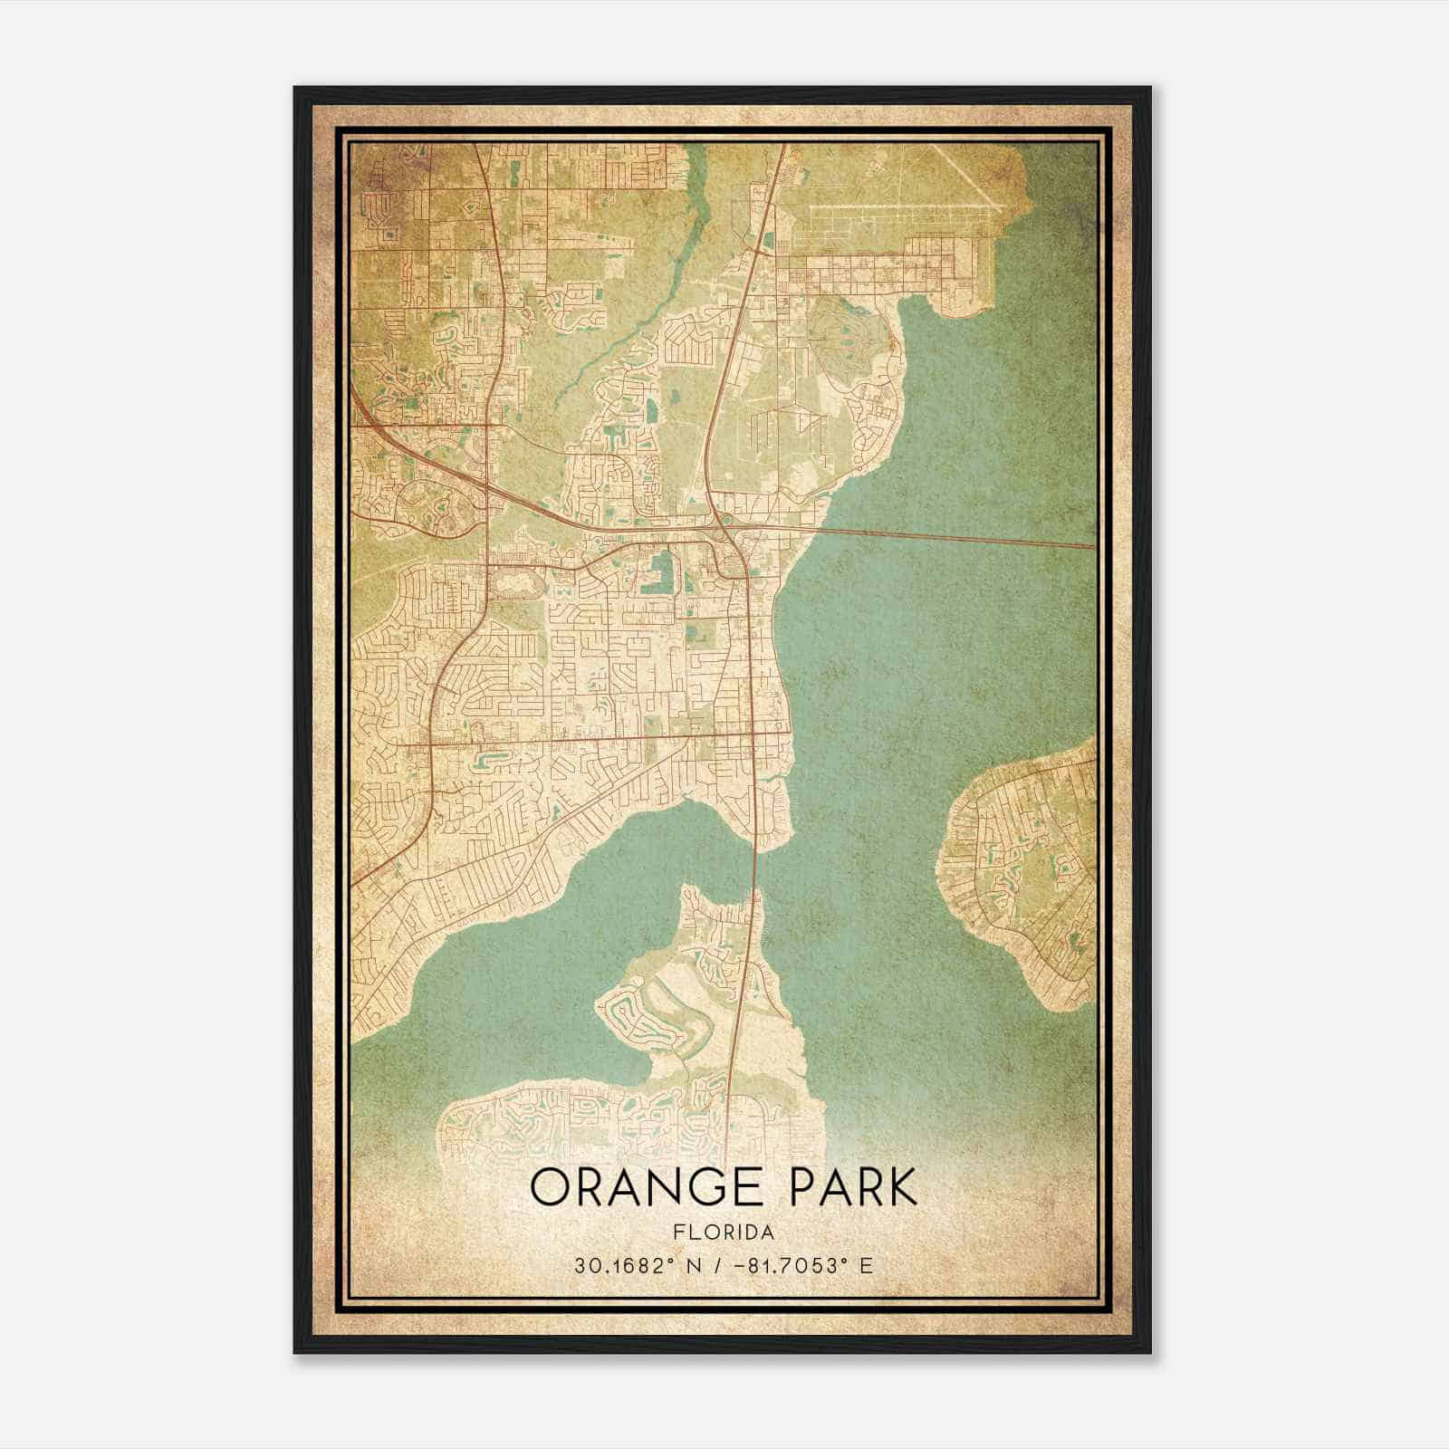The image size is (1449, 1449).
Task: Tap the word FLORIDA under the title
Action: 724,1233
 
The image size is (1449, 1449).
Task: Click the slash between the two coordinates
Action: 719,1265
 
